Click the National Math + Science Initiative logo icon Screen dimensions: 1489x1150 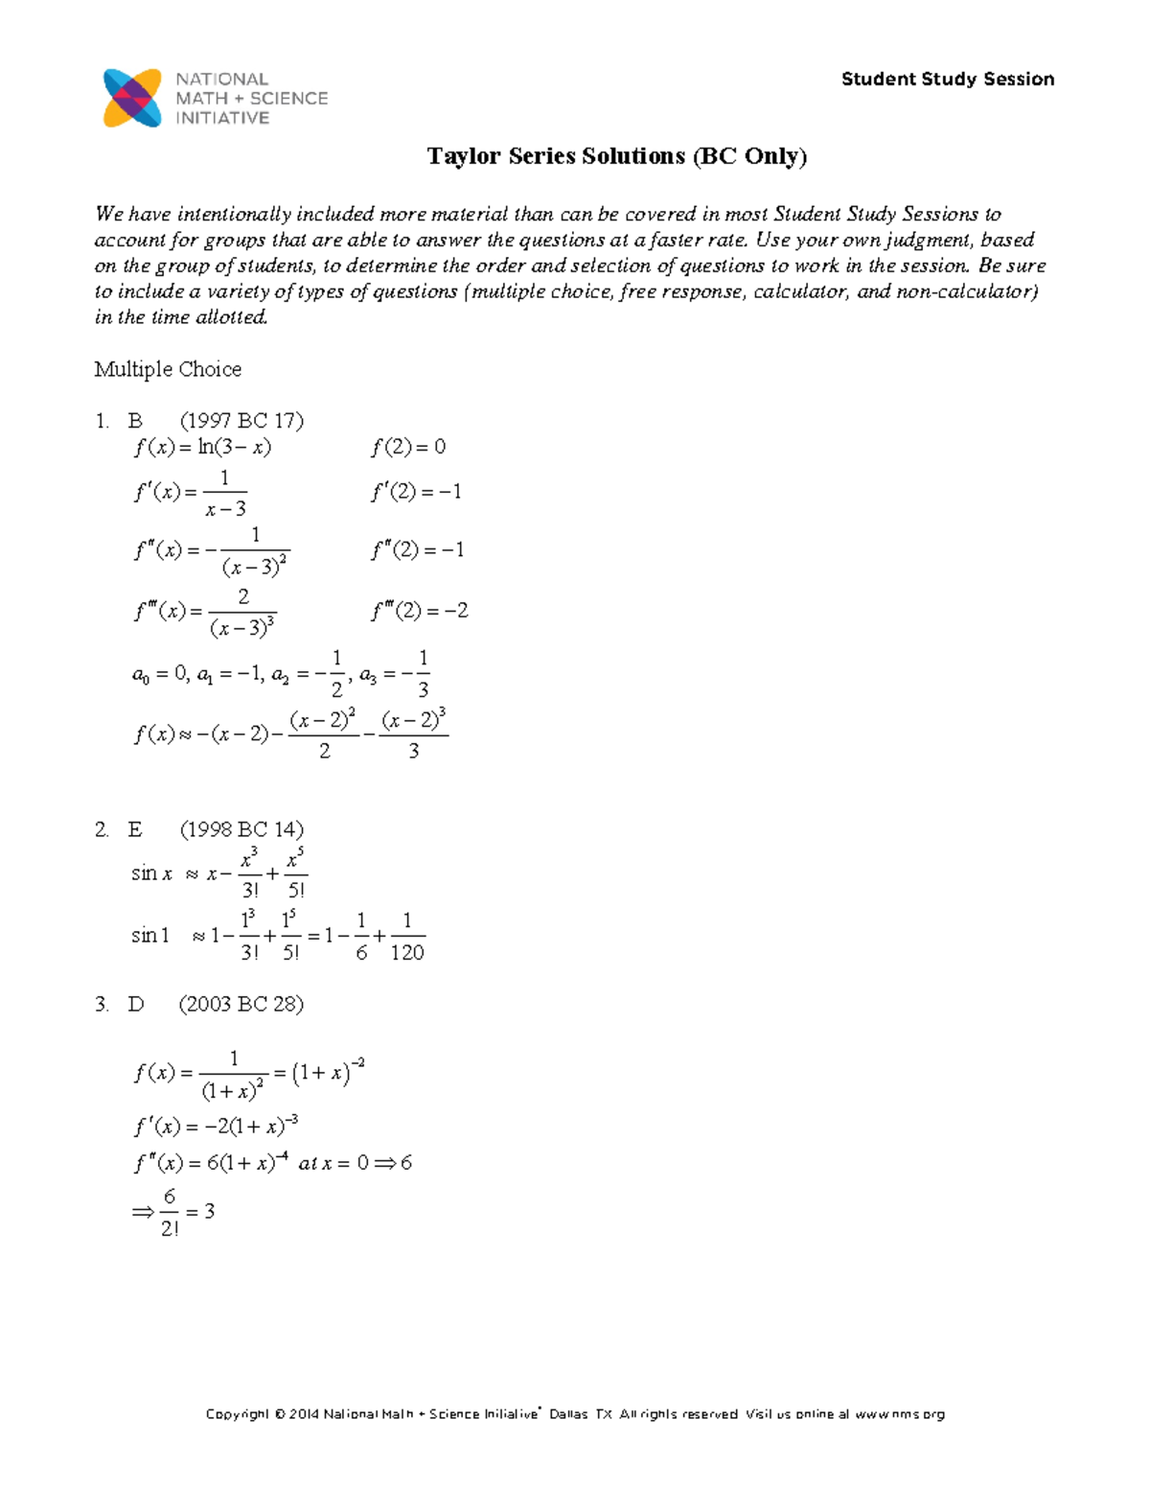pyautogui.click(x=132, y=98)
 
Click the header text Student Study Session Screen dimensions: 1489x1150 pyautogui.click(x=947, y=80)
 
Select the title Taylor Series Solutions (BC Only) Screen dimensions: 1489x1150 pyautogui.click(x=617, y=156)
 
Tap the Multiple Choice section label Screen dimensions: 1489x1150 pyautogui.click(x=168, y=369)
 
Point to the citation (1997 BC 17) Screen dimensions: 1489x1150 pyautogui.click(x=241, y=420)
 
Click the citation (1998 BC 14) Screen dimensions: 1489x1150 pyautogui.click(x=241, y=829)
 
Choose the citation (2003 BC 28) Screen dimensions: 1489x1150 pyautogui.click(x=241, y=1004)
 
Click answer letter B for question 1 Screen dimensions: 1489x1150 pyautogui.click(x=135, y=420)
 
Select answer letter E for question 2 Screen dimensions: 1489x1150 pyautogui.click(x=135, y=829)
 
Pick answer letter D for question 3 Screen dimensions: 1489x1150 pyautogui.click(x=135, y=1004)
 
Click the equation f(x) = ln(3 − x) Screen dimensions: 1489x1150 pyautogui.click(x=202, y=447)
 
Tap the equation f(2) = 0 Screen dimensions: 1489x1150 pyautogui.click(x=408, y=447)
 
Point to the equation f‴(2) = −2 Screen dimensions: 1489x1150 pyautogui.click(x=420, y=611)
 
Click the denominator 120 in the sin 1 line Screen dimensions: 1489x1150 pyautogui.click(x=407, y=952)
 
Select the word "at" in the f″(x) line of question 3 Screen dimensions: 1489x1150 pyautogui.click(x=308, y=1164)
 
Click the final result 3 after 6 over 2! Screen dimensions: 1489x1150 pyautogui.click(x=209, y=1212)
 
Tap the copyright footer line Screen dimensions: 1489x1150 pyautogui.click(x=575, y=1414)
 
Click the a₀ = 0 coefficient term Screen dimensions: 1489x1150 pyautogui.click(x=159, y=675)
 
